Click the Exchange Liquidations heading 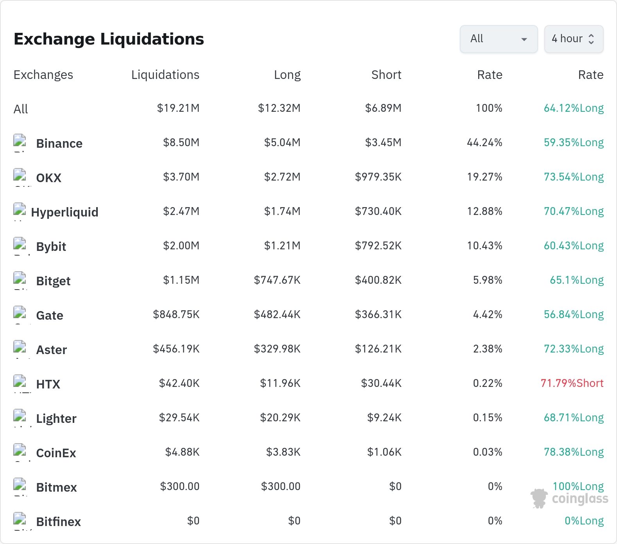click(x=109, y=39)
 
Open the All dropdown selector click(x=499, y=39)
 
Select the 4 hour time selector click(x=574, y=39)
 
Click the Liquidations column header click(x=165, y=75)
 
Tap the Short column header click(x=386, y=75)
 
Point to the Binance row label click(x=59, y=143)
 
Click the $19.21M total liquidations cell click(x=178, y=108)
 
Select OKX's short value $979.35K click(x=378, y=177)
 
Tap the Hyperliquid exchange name click(x=65, y=212)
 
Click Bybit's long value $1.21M click(x=282, y=245)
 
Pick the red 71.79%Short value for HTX click(x=572, y=383)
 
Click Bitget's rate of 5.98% click(x=488, y=280)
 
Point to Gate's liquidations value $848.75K click(x=176, y=314)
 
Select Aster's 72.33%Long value click(x=574, y=349)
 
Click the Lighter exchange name click(x=56, y=419)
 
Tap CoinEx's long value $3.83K click(x=283, y=452)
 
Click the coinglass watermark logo click(x=569, y=499)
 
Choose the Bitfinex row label click(x=59, y=522)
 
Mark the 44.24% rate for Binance click(x=484, y=142)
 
